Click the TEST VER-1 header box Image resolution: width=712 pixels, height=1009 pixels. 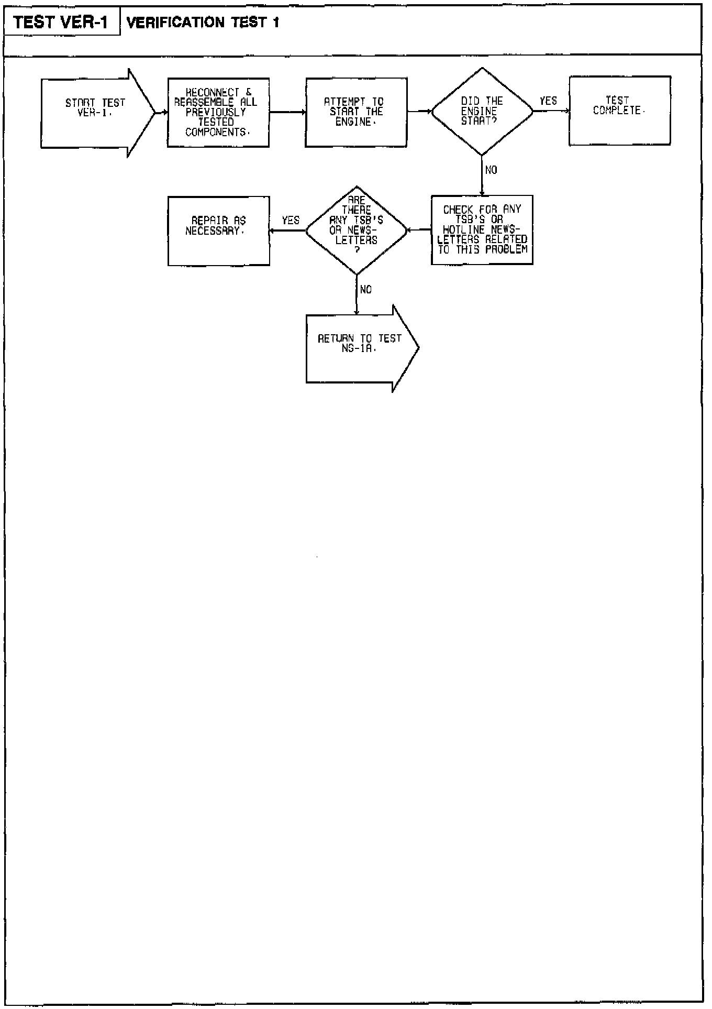[x=62, y=23]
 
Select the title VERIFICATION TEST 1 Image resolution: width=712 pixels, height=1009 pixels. [x=203, y=23]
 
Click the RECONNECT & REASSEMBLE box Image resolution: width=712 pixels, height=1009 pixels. [x=218, y=112]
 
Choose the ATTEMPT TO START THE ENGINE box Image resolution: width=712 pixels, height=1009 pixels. [x=356, y=112]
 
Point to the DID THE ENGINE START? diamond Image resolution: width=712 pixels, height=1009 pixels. [x=482, y=111]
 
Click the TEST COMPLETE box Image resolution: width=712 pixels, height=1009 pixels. [x=619, y=110]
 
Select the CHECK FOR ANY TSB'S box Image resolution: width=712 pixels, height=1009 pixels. [x=482, y=229]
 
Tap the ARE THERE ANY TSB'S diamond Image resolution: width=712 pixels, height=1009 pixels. [x=356, y=229]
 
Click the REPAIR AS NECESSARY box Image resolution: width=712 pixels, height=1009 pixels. [x=218, y=231]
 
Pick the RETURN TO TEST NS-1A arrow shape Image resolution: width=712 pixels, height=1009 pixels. [x=360, y=348]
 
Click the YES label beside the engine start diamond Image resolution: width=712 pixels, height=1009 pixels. [x=548, y=101]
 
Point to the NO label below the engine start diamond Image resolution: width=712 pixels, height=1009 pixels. [x=491, y=170]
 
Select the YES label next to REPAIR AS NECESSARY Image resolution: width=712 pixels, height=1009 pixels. [x=291, y=221]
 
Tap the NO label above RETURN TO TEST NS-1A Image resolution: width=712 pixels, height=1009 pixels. [x=366, y=290]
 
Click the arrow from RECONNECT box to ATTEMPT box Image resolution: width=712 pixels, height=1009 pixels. [x=287, y=112]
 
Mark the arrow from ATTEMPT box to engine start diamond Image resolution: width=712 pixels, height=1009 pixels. [x=419, y=111]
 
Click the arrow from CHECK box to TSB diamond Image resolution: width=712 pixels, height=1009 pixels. [x=419, y=229]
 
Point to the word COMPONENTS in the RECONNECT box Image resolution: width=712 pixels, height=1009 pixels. [x=215, y=133]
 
